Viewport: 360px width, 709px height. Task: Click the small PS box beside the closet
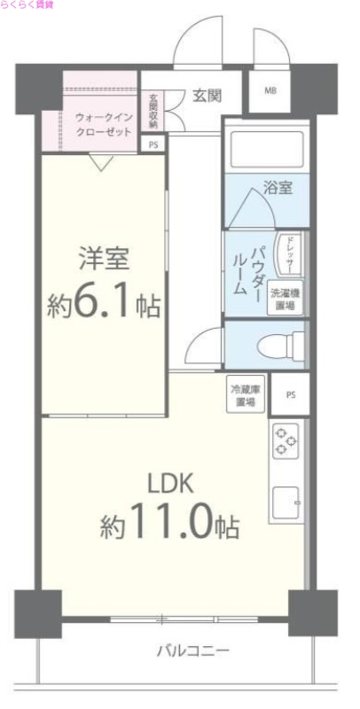pos(153,145)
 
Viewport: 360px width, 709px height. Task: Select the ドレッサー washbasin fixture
pos(289,255)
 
